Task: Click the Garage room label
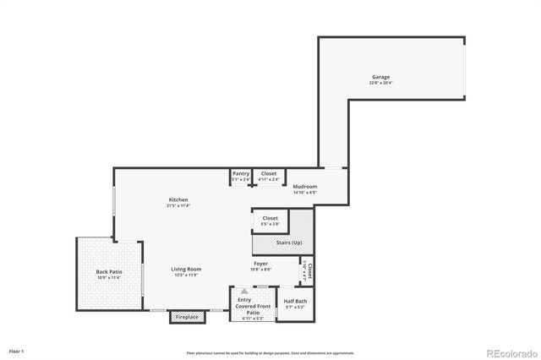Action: click(379, 77)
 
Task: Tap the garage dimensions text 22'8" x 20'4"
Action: click(379, 83)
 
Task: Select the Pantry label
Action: click(241, 173)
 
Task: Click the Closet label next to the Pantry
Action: click(268, 173)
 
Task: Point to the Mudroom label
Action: click(304, 186)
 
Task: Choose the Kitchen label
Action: click(178, 199)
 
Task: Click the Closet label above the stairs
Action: click(270, 218)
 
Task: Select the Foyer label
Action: click(262, 264)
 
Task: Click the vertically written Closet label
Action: click(309, 270)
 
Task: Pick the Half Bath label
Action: click(295, 301)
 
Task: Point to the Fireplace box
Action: click(187, 317)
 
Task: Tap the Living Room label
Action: click(188, 269)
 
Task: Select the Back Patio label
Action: click(109, 271)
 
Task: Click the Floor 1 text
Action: click(17, 350)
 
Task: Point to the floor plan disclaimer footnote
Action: click(270, 353)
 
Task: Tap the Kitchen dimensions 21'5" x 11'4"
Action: click(178, 205)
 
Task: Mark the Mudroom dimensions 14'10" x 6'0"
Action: click(304, 192)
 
